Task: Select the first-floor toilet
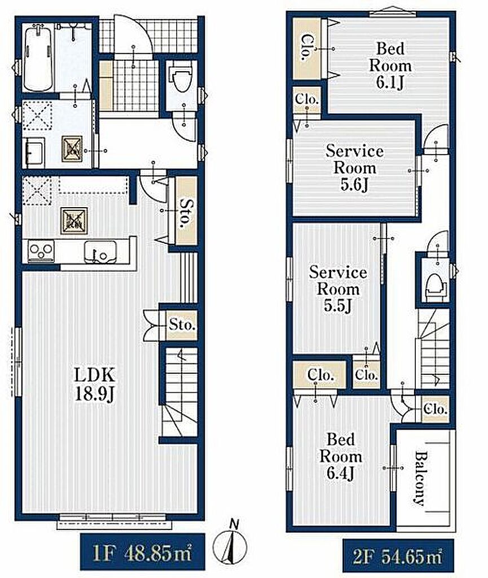tap(182, 78)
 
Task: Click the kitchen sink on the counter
tap(100, 252)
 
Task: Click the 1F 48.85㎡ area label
tap(143, 553)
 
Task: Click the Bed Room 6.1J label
tap(390, 65)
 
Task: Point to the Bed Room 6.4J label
tap(341, 457)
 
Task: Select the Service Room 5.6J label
tap(354, 168)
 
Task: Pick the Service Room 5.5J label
tap(338, 289)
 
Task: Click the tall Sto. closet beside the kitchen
tap(186, 211)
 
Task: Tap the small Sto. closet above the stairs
tap(182, 325)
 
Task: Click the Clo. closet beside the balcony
tap(436, 409)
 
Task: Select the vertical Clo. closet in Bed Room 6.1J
tap(307, 49)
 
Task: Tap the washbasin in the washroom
tap(34, 152)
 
